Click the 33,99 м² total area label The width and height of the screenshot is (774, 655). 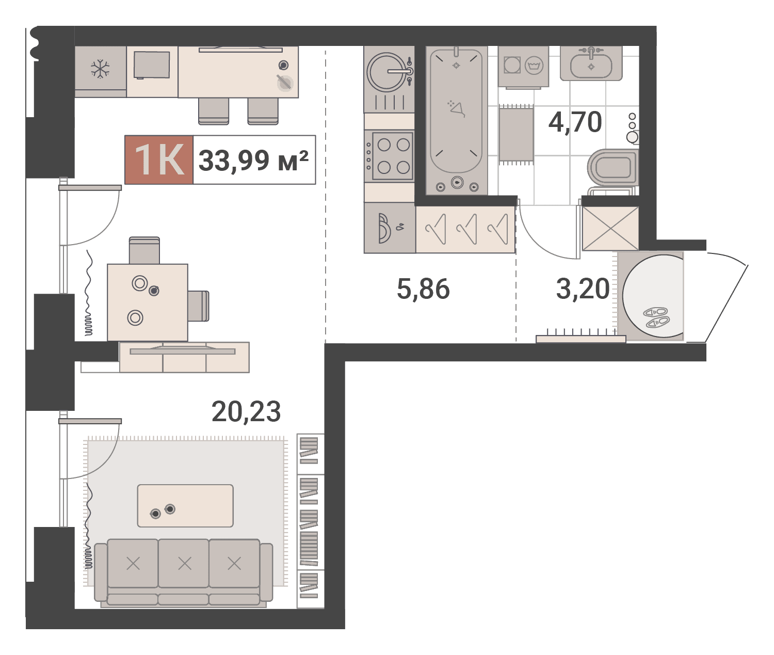tap(253, 161)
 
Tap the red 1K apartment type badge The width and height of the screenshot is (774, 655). tap(159, 160)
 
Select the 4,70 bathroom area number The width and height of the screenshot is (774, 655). tap(575, 122)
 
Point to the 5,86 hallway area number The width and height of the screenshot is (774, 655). tap(423, 289)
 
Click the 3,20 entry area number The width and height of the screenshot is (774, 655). tap(583, 289)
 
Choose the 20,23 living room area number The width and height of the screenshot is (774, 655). tap(246, 411)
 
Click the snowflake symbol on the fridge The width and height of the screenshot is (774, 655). tap(100, 69)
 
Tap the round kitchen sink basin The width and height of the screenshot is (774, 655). tap(386, 72)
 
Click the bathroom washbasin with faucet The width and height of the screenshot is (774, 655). tap(591, 63)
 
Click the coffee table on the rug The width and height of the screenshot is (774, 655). tap(185, 506)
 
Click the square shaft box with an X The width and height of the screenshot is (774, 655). tap(610, 229)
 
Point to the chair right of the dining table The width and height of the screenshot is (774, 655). tap(198, 306)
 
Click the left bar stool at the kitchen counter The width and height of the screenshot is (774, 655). tap(214, 111)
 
